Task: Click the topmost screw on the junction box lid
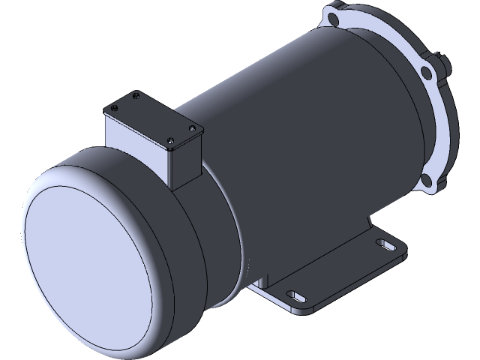click(135, 94)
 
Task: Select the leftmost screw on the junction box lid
click(112, 108)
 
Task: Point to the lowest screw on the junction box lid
click(172, 142)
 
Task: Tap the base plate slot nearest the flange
click(385, 244)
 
